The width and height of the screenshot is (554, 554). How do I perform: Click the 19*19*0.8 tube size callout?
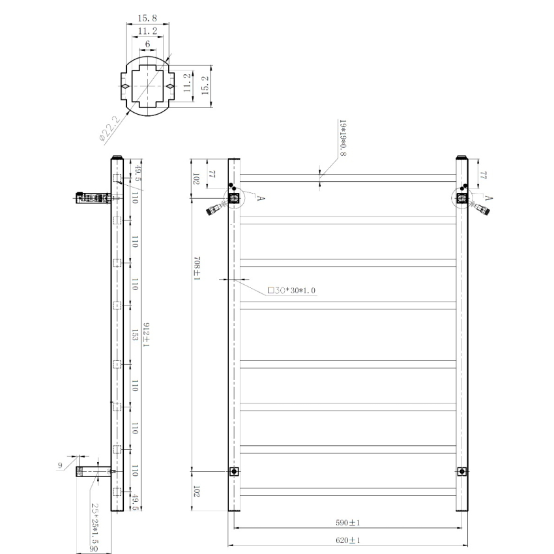point(342,138)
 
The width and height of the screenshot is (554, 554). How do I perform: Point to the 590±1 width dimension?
point(349,523)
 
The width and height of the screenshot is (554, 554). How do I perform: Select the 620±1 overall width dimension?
point(349,541)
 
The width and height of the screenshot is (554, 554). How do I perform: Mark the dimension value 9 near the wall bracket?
point(60,465)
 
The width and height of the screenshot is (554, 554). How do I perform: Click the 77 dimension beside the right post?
point(484,175)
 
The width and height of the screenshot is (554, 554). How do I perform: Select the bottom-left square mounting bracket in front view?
point(234,471)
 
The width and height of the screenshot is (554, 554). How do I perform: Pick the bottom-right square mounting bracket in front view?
point(461,471)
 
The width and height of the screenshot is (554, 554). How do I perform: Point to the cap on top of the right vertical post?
point(461,156)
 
